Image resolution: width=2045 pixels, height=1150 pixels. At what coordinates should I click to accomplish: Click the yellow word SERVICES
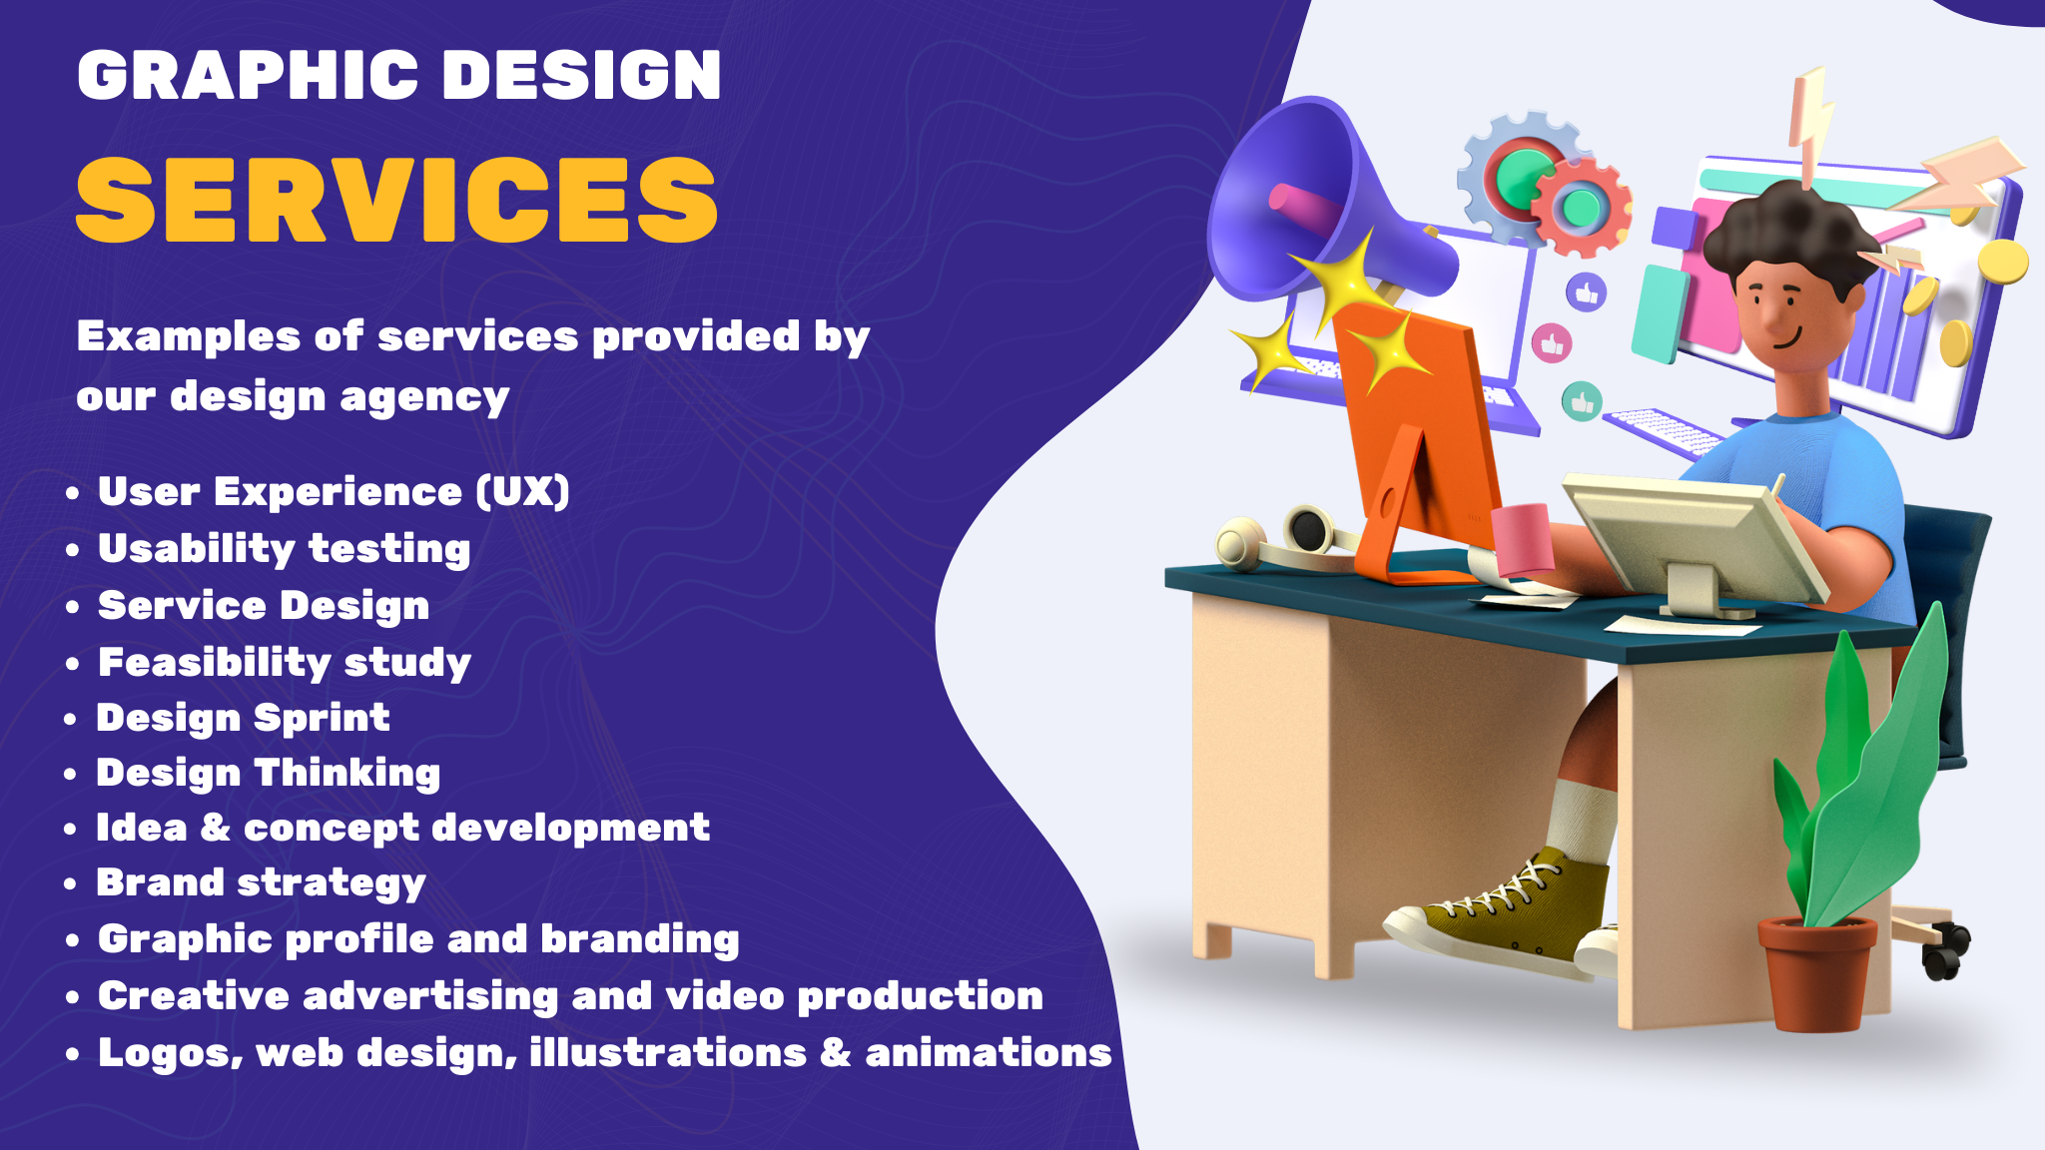[396, 200]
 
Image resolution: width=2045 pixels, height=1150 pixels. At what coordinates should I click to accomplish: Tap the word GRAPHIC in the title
[248, 76]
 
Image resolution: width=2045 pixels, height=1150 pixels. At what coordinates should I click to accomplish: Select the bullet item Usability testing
[284, 549]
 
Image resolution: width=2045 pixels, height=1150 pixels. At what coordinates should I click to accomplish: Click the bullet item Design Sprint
[243, 718]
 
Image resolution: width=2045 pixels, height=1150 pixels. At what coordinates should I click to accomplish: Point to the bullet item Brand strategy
[261, 883]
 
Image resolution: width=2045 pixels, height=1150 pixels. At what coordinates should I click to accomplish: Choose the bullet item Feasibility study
[285, 663]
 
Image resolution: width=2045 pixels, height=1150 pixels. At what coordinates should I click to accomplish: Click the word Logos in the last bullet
[170, 1053]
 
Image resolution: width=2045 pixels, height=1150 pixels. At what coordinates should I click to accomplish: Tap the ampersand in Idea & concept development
[216, 828]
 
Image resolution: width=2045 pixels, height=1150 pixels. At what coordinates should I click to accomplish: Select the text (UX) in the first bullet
[522, 491]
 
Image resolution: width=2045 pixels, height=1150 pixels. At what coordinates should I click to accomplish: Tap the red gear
[1581, 208]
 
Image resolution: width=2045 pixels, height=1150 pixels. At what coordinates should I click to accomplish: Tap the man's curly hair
[1787, 230]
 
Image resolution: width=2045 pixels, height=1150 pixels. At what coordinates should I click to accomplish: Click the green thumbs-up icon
[1582, 402]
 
